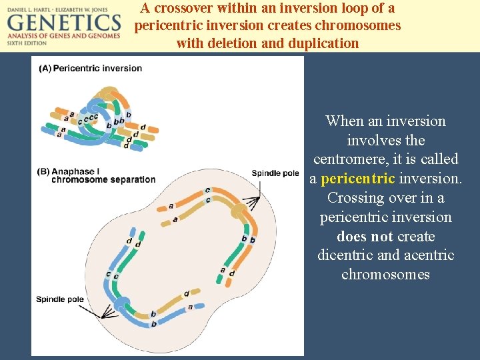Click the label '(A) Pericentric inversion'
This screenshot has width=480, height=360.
[x=91, y=68]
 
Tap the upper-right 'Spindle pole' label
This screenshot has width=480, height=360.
[x=275, y=173]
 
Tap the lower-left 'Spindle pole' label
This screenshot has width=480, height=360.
[x=60, y=299]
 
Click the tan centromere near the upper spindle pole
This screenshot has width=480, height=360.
[x=238, y=213]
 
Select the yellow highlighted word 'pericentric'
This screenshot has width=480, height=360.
[x=358, y=179]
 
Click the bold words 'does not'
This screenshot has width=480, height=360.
[x=365, y=237]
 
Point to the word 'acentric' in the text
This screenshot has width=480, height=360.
[x=429, y=255]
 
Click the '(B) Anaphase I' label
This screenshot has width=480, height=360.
[x=68, y=171]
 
